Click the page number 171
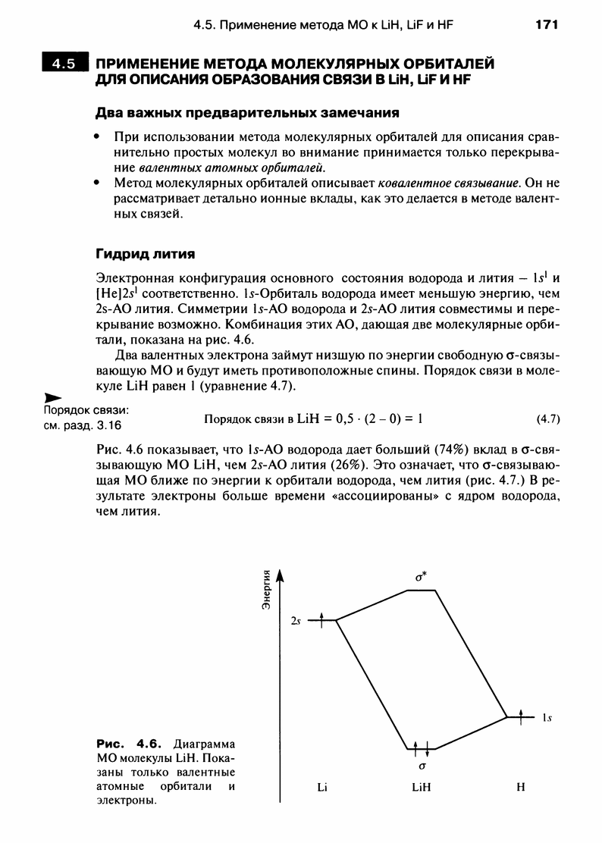(546, 25)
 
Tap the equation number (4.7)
(547, 418)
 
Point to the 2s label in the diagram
(296, 620)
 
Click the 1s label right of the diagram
(546, 716)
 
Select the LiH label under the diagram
(421, 787)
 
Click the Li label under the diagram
(321, 787)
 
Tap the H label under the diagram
(521, 787)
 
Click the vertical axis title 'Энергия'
(267, 589)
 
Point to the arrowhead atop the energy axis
(281, 574)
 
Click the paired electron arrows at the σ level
(422, 747)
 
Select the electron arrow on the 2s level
(321, 619)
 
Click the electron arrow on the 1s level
(521, 715)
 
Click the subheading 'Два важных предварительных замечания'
(246, 114)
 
